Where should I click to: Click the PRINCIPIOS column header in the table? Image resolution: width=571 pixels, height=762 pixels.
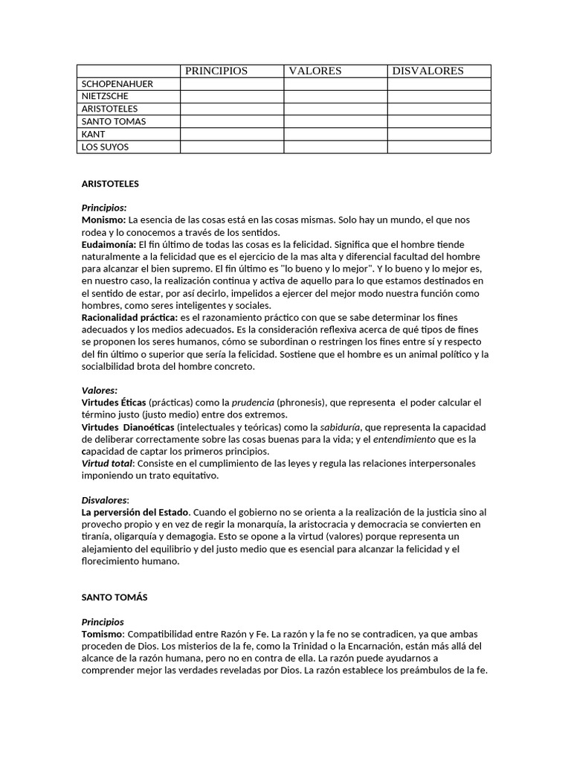pos(216,71)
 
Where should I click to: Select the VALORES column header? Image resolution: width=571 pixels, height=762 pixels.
pos(315,71)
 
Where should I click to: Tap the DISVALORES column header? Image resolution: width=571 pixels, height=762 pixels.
pos(428,71)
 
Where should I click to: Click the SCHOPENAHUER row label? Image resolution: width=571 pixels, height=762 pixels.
pos(117,84)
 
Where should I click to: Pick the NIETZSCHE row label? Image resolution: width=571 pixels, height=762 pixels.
pos(105,97)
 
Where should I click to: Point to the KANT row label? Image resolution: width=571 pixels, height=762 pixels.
pos(94,134)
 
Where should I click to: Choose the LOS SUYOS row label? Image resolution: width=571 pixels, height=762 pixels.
pos(105,147)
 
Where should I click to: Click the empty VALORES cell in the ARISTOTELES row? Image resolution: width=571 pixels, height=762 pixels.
pos(335,109)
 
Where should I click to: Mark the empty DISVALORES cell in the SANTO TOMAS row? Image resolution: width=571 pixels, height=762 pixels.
pos(439,121)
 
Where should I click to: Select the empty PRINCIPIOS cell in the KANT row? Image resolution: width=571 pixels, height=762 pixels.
pos(232,134)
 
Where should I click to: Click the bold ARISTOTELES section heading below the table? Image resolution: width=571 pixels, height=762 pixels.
pos(110,183)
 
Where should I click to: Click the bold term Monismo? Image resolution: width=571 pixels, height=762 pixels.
pos(103,220)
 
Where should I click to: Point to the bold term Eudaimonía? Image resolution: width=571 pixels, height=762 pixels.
pos(109,244)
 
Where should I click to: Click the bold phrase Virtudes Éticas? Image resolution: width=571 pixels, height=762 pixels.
pos(114,402)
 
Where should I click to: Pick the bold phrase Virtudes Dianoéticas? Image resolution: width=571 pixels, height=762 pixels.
pos(128,426)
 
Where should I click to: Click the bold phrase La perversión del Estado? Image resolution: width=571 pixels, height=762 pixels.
pos(136,512)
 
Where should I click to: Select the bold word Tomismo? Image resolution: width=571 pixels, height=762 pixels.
pos(103,633)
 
